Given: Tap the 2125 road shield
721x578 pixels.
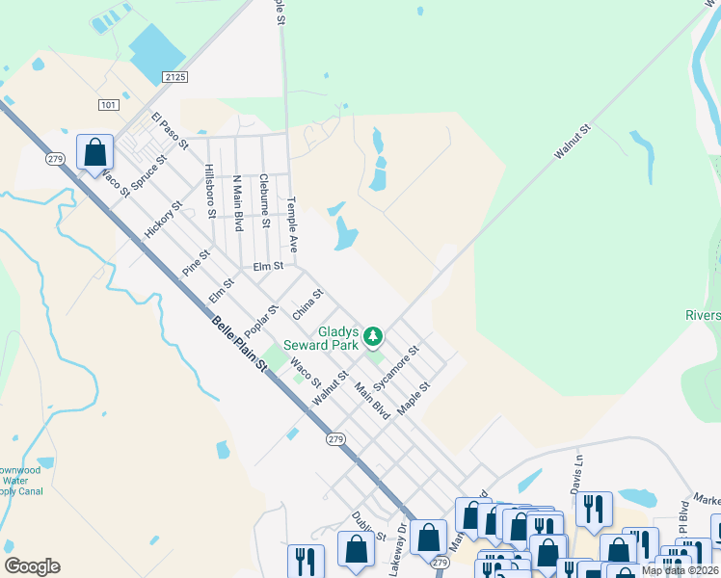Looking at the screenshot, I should [174, 76].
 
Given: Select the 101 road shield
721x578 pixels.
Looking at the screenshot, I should [108, 104].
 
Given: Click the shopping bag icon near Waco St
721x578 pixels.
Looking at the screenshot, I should [94, 152].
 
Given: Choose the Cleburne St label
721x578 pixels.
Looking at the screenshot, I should [263, 200].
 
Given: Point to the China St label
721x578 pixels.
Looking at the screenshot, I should [307, 303].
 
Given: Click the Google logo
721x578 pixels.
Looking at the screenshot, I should [32, 566].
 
